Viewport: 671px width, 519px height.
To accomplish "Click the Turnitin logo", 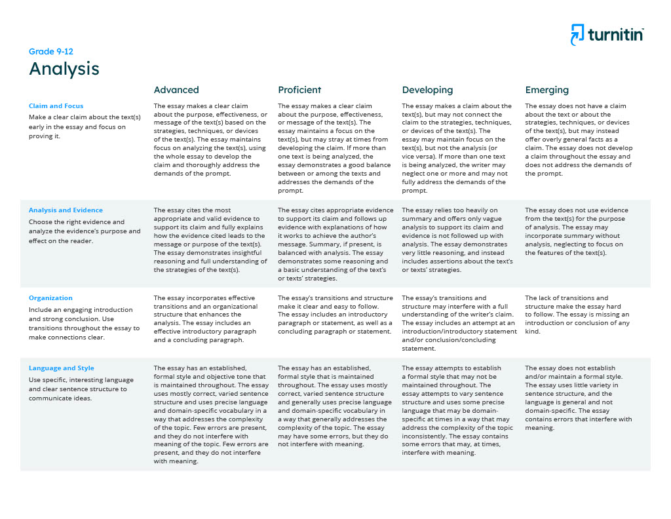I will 607,34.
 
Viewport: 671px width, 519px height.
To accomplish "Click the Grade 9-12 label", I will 51,52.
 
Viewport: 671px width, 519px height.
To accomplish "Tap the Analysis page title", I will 64,69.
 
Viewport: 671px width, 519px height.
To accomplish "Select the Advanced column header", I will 176,90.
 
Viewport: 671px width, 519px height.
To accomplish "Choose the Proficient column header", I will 299,90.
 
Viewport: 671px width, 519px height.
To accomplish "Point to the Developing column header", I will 427,90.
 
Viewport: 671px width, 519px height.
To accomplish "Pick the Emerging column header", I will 547,90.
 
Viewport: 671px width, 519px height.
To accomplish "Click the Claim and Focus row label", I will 56,106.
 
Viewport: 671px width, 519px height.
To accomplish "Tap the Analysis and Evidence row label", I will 66,210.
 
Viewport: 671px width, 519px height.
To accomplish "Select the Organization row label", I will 50,298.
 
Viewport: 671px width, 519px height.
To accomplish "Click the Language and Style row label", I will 62,368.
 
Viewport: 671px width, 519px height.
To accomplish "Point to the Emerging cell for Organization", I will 578,315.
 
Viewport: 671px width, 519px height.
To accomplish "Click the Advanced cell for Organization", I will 208,319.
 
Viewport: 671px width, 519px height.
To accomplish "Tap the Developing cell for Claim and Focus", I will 457,148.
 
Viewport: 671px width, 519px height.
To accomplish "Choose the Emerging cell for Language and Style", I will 579,398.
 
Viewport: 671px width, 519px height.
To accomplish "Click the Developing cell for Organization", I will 457,323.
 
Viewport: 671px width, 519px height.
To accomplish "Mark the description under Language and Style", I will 81,389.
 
